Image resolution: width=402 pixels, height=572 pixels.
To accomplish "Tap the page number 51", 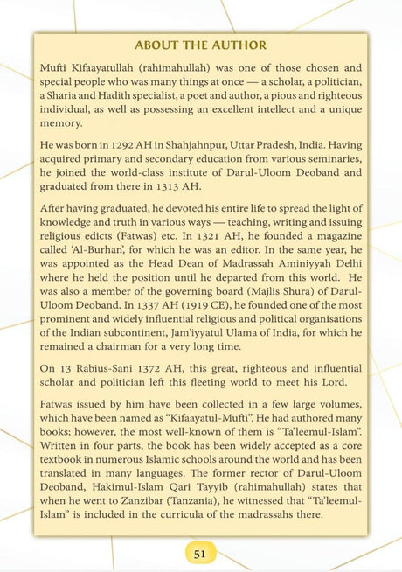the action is pyautogui.click(x=199, y=553).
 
